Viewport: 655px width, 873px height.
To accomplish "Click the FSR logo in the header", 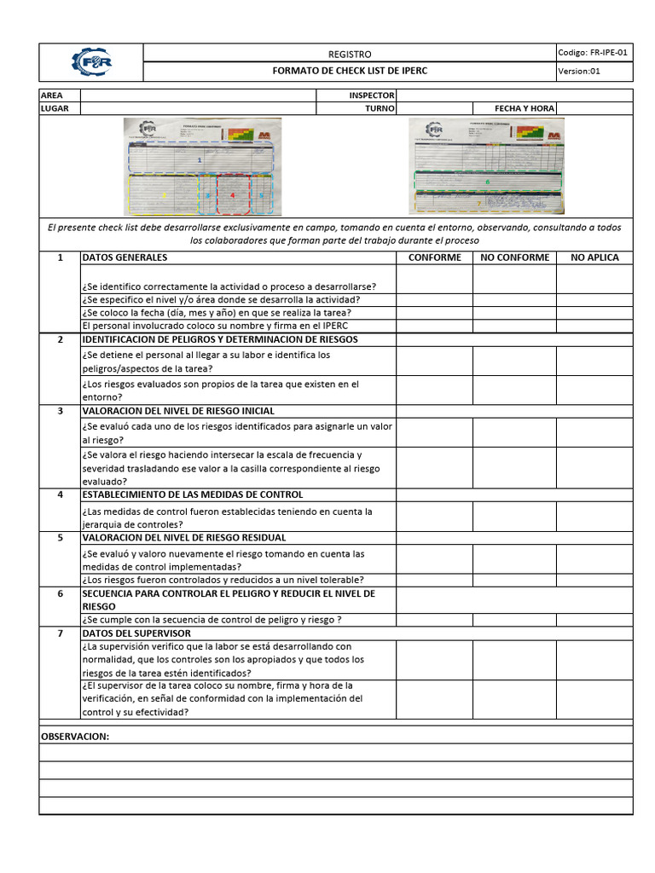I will [92, 62].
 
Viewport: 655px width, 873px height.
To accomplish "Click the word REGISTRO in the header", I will [350, 54].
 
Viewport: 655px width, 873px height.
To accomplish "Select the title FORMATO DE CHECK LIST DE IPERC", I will [350, 71].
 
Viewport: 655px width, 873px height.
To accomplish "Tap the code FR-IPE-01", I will [594, 52].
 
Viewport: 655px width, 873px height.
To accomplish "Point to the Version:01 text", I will [580, 71].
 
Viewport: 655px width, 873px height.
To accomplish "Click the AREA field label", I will [52, 95].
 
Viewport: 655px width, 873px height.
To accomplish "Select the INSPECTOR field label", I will [371, 95].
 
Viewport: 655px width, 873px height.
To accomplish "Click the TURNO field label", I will [380, 108].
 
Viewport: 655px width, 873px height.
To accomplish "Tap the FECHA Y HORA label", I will [524, 108].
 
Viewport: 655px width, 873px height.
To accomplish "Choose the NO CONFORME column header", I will [515, 257].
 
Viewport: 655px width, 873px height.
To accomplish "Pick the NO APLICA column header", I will [594, 257].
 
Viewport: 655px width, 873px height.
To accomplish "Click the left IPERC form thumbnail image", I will [202, 165].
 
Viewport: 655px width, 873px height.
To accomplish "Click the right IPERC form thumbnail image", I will [487, 165].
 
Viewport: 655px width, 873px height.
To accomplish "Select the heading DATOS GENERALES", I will [125, 257].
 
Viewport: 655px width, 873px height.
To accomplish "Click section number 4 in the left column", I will [60, 494].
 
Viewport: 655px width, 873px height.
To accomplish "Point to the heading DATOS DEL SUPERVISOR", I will [136, 633].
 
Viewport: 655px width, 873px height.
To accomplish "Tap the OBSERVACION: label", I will [75, 736].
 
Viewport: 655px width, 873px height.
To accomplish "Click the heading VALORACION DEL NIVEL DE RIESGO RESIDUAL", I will [183, 538].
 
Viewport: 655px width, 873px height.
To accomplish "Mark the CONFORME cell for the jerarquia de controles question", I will [434, 517].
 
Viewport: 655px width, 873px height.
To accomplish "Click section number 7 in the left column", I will [60, 633].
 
